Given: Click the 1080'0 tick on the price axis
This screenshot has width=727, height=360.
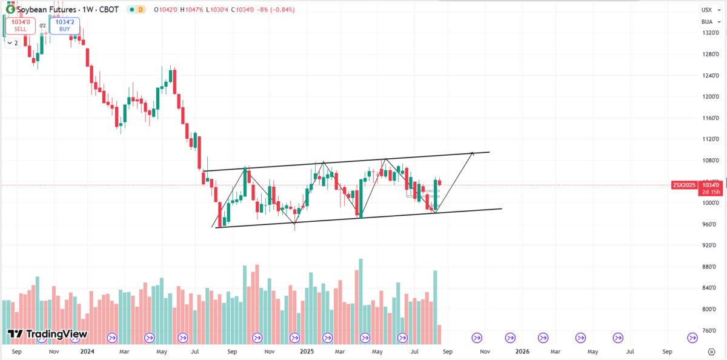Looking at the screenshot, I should [x=710, y=160].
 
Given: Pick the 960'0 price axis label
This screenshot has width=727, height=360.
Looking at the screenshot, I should [x=710, y=224].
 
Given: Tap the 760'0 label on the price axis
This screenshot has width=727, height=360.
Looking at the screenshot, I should [x=710, y=331].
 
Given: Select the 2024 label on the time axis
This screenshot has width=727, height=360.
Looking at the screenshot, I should [x=87, y=351].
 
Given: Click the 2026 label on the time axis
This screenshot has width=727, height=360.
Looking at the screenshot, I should [x=522, y=351].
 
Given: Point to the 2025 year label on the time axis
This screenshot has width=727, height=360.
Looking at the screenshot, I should [x=307, y=351].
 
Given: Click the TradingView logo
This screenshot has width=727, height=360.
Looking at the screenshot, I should [x=47, y=334].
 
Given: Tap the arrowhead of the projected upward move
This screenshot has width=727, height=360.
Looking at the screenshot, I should [x=472, y=153].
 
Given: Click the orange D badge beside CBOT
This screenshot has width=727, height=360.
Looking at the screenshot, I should [x=141, y=10].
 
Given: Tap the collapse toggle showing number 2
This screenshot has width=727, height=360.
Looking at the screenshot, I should [x=12, y=43].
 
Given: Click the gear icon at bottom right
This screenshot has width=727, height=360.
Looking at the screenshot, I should [x=711, y=351].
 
